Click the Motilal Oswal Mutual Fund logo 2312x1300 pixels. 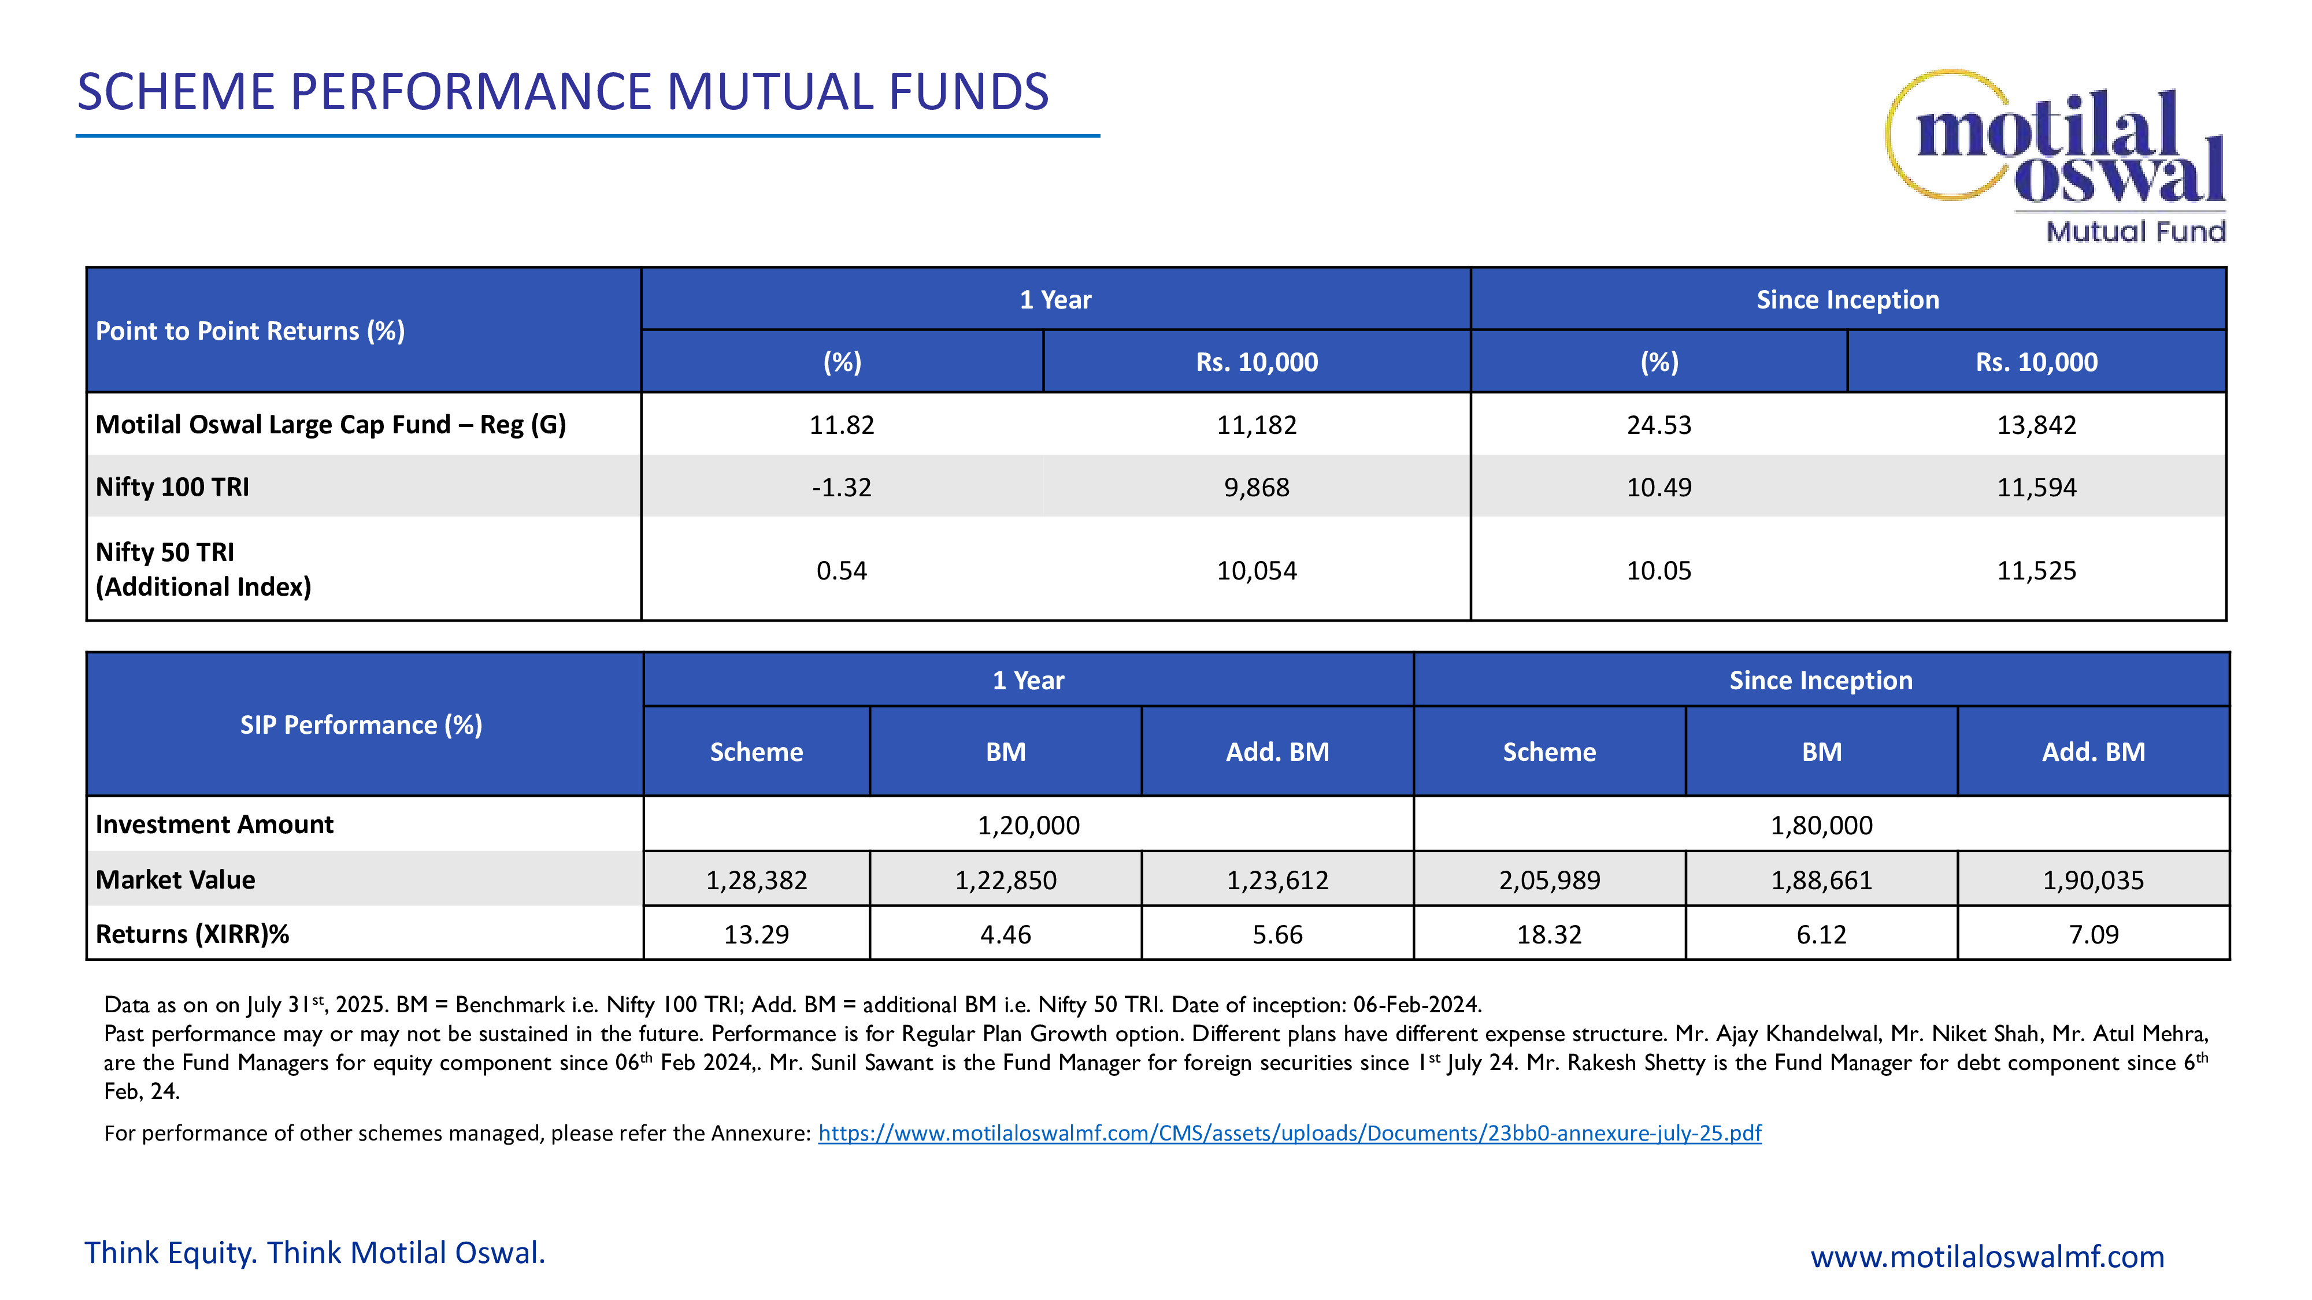[x=2055, y=154]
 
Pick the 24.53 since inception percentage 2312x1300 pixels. [x=1659, y=424]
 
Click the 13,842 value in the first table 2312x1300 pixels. [x=2036, y=424]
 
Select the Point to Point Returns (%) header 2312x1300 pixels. [x=250, y=331]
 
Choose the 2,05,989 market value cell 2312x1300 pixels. [x=1549, y=880]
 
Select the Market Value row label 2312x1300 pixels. [x=176, y=880]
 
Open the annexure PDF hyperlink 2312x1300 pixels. [x=1289, y=1133]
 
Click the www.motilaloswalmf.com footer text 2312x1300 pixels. [x=1987, y=1256]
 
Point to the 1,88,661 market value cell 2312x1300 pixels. [x=1821, y=880]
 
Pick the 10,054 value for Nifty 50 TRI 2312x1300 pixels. [x=1257, y=571]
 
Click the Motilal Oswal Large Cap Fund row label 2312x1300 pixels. [x=330, y=424]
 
